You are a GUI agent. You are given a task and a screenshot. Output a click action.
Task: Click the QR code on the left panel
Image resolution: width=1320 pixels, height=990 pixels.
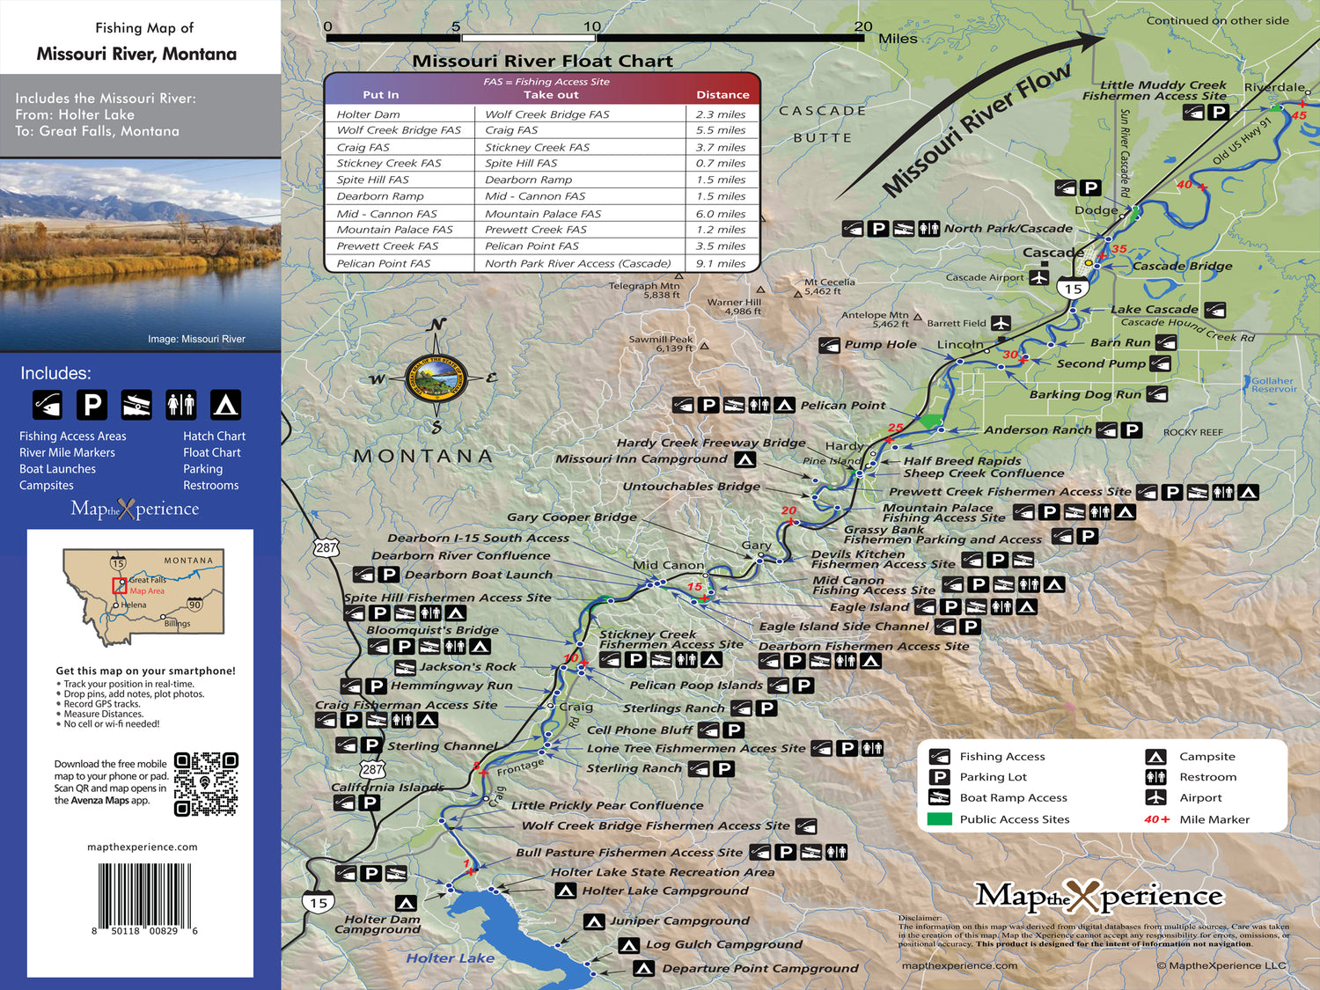pos(206,784)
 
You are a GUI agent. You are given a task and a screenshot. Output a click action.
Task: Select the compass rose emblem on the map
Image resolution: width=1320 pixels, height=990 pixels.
pos(435,379)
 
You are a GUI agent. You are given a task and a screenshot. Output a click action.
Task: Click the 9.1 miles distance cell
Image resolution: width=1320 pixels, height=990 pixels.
pos(721,263)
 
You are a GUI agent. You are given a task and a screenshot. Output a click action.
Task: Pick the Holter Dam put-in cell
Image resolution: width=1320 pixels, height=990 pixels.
pos(368,114)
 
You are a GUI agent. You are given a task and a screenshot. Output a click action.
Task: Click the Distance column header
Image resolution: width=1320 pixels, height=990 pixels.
pos(722,95)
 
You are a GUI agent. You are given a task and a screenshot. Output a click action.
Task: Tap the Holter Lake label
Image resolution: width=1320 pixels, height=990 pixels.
pos(450,958)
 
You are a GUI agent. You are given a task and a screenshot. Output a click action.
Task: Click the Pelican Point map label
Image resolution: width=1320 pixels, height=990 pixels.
pos(842,406)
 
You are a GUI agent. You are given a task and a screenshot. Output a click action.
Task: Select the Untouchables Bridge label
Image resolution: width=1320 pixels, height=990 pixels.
pos(691,486)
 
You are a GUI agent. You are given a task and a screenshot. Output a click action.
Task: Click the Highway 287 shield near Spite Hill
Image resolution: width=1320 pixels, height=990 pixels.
pos(326,547)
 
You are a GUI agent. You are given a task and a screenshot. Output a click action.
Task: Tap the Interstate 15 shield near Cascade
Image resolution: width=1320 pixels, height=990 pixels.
pos(1073,289)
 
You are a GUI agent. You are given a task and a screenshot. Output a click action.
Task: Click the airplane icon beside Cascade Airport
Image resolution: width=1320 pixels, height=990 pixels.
pos(1039,277)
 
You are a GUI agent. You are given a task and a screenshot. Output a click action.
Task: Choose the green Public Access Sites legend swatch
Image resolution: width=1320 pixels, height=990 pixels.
pos(939,819)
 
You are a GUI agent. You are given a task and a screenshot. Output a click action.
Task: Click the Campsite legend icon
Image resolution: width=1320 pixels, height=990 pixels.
pos(1155,757)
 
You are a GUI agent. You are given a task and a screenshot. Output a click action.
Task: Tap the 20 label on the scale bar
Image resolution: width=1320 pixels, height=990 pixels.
pos(863,27)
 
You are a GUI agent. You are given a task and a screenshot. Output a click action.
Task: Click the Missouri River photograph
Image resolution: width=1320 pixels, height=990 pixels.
pos(141,255)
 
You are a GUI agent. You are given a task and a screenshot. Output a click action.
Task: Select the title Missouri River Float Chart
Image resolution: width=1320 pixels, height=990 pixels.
pos(542,61)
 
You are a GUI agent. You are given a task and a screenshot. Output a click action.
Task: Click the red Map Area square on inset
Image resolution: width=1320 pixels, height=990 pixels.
pos(119,586)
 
